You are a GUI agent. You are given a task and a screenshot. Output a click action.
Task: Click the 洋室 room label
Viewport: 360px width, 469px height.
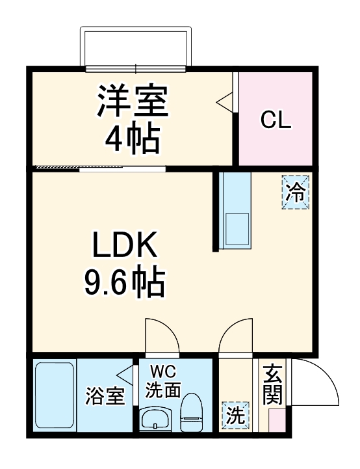[x=133, y=102]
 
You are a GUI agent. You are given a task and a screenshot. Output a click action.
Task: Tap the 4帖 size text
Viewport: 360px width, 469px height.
[x=133, y=138]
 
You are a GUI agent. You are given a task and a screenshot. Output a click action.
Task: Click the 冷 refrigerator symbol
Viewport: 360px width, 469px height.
[x=296, y=192]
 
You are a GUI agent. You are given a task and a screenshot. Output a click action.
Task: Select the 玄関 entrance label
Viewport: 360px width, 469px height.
[x=272, y=385]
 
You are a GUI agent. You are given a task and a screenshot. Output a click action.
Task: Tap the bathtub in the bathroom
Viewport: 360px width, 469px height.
[x=54, y=395]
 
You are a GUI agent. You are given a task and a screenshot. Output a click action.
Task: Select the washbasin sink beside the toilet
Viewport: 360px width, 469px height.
[x=156, y=420]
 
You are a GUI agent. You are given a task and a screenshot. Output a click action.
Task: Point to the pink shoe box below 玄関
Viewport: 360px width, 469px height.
[x=276, y=419]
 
